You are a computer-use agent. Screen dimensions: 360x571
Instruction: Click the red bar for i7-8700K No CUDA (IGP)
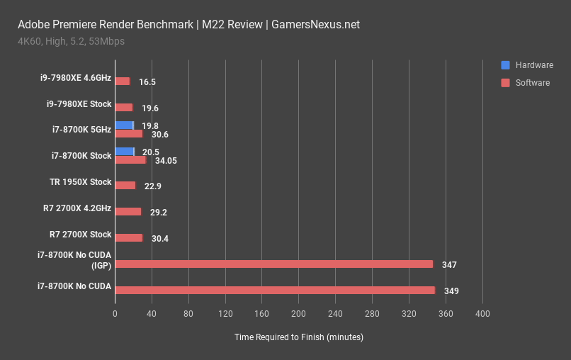273,264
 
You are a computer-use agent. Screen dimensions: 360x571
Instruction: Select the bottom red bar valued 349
275,291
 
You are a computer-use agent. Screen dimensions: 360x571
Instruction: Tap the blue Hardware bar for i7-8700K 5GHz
124,125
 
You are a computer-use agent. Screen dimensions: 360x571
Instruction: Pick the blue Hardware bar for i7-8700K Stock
124,152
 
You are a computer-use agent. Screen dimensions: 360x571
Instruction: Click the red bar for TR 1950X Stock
125,186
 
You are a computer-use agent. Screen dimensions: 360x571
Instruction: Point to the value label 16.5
147,82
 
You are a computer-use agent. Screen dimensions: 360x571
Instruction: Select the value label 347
449,265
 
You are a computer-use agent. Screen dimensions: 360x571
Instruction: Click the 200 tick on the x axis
298,313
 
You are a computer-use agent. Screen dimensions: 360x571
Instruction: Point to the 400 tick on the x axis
482,313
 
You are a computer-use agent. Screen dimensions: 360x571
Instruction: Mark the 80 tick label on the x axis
188,313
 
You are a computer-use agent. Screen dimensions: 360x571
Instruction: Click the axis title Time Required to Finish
298,337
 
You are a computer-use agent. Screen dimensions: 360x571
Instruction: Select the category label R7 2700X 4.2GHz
77,208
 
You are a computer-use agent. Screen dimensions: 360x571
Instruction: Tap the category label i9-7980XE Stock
79,104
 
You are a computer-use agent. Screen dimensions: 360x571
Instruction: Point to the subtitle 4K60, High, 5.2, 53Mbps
72,41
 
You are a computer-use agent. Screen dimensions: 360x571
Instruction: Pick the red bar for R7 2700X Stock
128,238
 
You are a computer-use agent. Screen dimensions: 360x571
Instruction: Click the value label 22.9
152,186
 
